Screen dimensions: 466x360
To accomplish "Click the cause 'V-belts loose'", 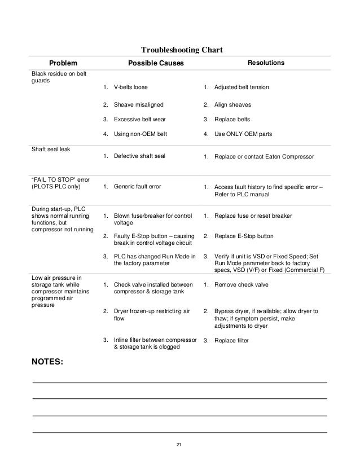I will (134, 87).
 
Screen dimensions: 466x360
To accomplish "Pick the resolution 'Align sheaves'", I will (232, 105).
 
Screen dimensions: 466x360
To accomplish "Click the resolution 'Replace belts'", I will (231, 120).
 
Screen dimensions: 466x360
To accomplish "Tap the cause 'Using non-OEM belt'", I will (140, 134).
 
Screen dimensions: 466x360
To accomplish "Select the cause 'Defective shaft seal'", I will (139, 156).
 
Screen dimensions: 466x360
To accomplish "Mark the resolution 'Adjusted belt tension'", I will (241, 87).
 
